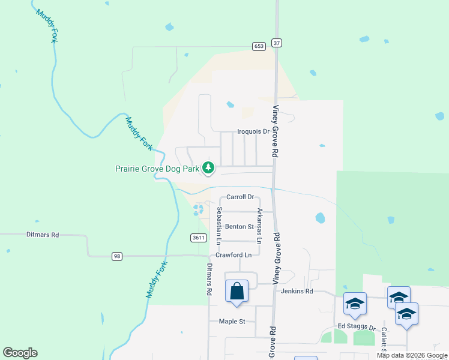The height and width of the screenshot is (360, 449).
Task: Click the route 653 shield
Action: pyautogui.click(x=259, y=46)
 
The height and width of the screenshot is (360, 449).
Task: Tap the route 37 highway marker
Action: pyautogui.click(x=276, y=43)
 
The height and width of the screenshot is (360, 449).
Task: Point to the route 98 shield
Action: pyautogui.click(x=117, y=256)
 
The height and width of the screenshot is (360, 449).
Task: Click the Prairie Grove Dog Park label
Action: pyautogui.click(x=157, y=169)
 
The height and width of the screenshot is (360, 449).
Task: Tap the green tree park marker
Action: pyautogui.click(x=208, y=167)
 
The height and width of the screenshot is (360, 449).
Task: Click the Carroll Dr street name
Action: pyautogui.click(x=241, y=197)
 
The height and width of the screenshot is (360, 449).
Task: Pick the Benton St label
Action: pyautogui.click(x=240, y=227)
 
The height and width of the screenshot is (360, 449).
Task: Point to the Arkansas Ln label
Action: pyautogui.click(x=259, y=226)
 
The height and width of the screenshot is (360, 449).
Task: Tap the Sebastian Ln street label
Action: pyautogui.click(x=220, y=225)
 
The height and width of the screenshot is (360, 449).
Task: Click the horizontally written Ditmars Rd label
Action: pyautogui.click(x=43, y=235)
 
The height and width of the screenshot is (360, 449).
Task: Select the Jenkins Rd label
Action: pyautogui.click(x=297, y=291)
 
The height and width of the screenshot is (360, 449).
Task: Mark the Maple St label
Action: pyautogui.click(x=232, y=322)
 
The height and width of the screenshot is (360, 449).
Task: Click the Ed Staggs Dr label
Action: pyautogui.click(x=356, y=327)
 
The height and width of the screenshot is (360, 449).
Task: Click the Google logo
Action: pyautogui.click(x=20, y=353)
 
